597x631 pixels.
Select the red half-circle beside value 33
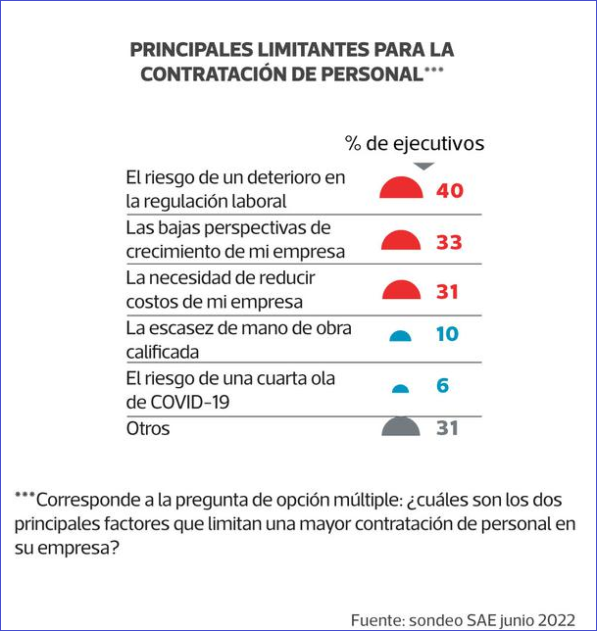[400, 241]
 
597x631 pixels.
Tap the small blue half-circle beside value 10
[400, 336]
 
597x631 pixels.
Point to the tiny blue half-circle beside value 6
[400, 388]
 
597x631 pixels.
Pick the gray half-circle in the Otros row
[400, 427]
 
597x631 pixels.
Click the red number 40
[449, 190]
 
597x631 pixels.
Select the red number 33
[449, 242]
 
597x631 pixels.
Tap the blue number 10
[447, 334]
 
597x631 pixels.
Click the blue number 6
[442, 385]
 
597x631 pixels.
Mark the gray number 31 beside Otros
[446, 427]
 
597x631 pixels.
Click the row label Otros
[148, 428]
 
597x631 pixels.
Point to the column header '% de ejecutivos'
[415, 143]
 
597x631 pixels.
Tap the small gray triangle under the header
[421, 167]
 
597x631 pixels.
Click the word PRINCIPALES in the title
[188, 49]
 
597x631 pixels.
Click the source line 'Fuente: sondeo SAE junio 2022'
[464, 619]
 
